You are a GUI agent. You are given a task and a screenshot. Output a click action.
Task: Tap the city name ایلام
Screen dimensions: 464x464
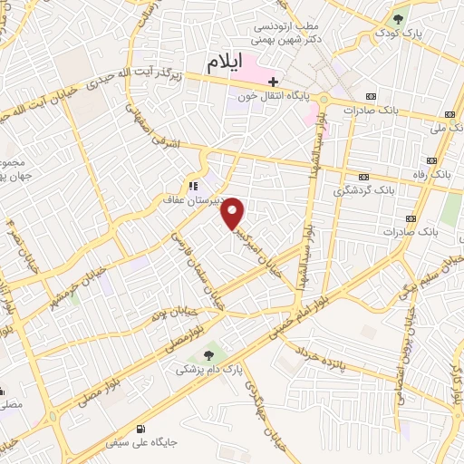pyautogui.click(x=226, y=63)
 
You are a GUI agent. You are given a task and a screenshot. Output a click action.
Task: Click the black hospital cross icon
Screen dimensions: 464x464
pyautogui.click(x=273, y=82)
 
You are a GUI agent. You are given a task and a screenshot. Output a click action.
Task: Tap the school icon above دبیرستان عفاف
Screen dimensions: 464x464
pyautogui.click(x=191, y=178)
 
